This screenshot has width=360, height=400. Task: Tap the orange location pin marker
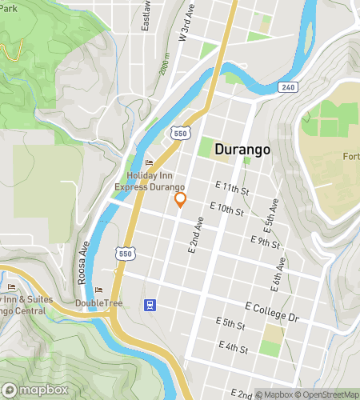[181, 200]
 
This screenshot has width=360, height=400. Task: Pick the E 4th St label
[233, 348]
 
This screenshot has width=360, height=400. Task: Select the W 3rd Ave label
[187, 23]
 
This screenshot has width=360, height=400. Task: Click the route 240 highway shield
[288, 86]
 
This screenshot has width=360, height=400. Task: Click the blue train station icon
[149, 305]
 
